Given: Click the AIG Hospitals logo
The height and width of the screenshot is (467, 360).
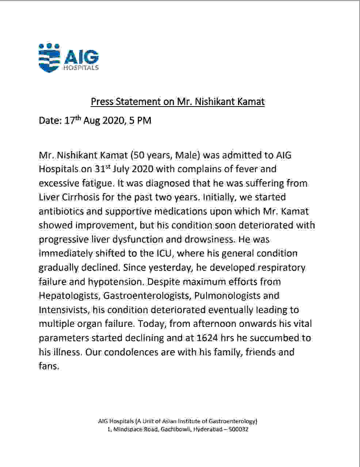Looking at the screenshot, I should tap(69, 58).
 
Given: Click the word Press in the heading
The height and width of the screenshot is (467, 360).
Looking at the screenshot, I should tap(102, 101).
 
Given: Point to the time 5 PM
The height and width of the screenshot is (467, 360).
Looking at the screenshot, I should tap(140, 121).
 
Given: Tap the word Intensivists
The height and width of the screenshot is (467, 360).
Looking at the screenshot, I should tap(64, 310).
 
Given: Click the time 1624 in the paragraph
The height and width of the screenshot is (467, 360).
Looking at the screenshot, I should tap(207, 338).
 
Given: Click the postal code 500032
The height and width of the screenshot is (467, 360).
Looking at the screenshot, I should tap(238, 429).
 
